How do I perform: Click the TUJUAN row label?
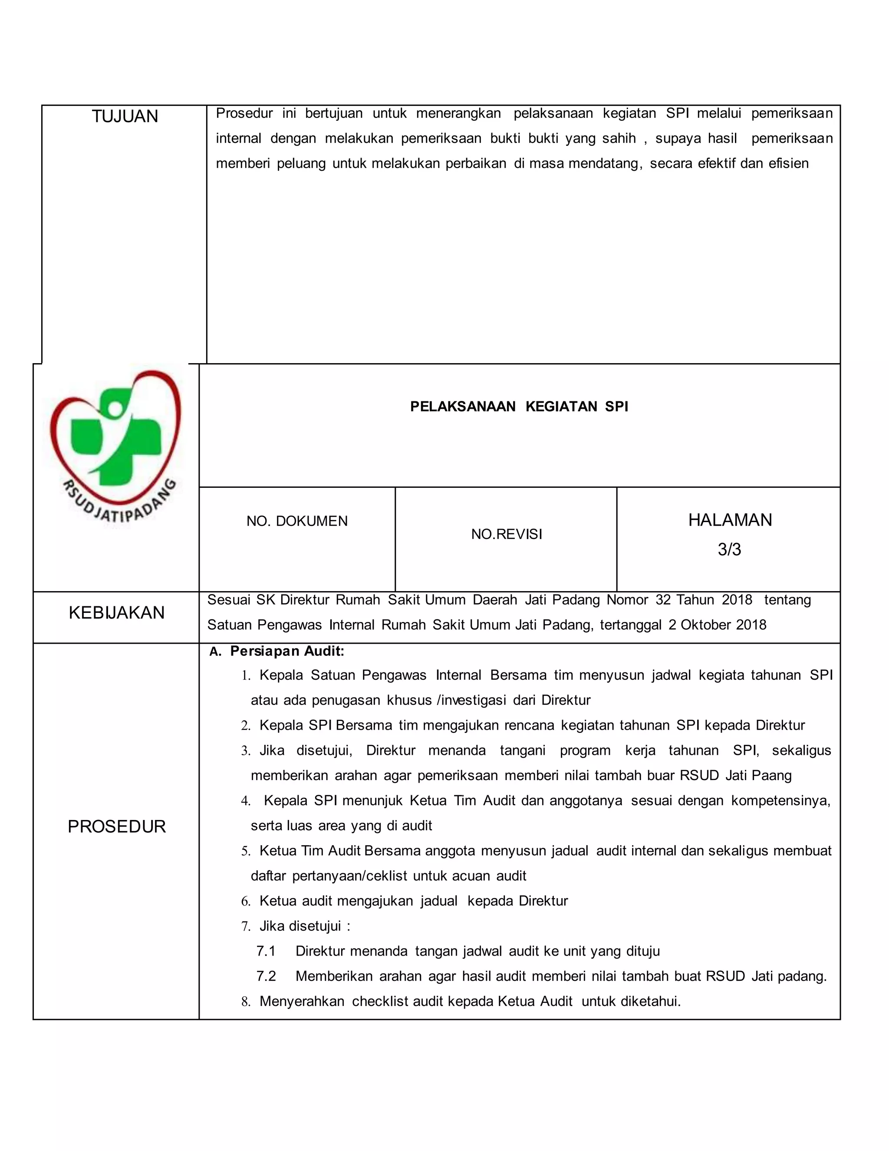125,116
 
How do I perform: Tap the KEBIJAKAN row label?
116,612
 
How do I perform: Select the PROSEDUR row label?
116,827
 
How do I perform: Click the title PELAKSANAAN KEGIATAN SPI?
519,407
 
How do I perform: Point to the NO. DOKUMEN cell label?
297,521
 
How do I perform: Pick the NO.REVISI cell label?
506,534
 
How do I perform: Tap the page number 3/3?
729,550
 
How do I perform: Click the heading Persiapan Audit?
287,652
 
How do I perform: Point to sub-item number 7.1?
266,951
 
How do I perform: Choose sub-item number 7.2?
266,976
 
